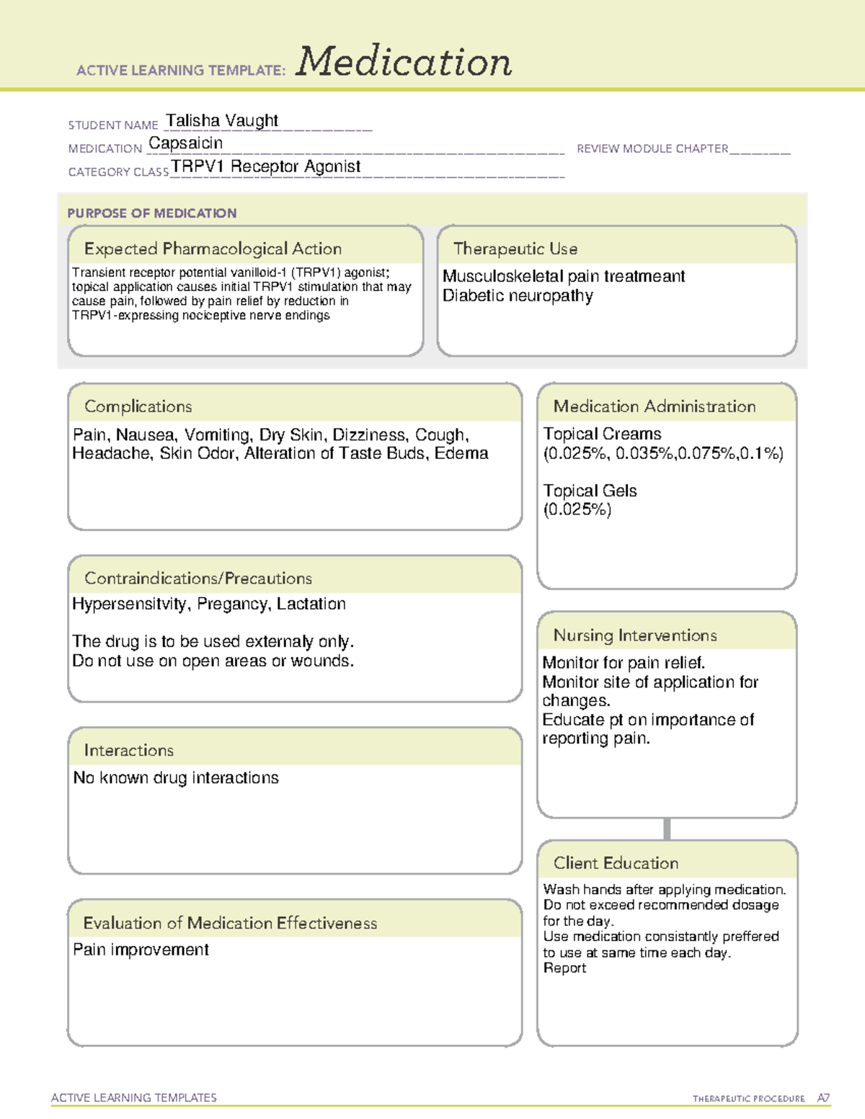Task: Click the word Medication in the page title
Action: point(404,62)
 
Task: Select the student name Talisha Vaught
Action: point(222,120)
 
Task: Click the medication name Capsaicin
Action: point(185,143)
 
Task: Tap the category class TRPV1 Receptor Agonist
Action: point(266,166)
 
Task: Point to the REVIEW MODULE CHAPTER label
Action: point(652,148)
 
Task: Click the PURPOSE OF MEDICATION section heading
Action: point(151,213)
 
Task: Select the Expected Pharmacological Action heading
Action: point(213,249)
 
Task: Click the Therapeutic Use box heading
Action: point(515,249)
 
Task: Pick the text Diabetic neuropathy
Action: point(518,296)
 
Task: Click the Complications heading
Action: point(138,406)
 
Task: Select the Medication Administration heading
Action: point(654,406)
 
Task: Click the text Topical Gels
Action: point(590,491)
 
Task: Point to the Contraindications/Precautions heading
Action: point(198,579)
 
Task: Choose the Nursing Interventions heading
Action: point(635,636)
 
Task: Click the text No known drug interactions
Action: point(176,778)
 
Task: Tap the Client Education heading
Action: point(616,863)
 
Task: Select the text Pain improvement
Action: point(141,950)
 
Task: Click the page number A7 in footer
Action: point(823,1098)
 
